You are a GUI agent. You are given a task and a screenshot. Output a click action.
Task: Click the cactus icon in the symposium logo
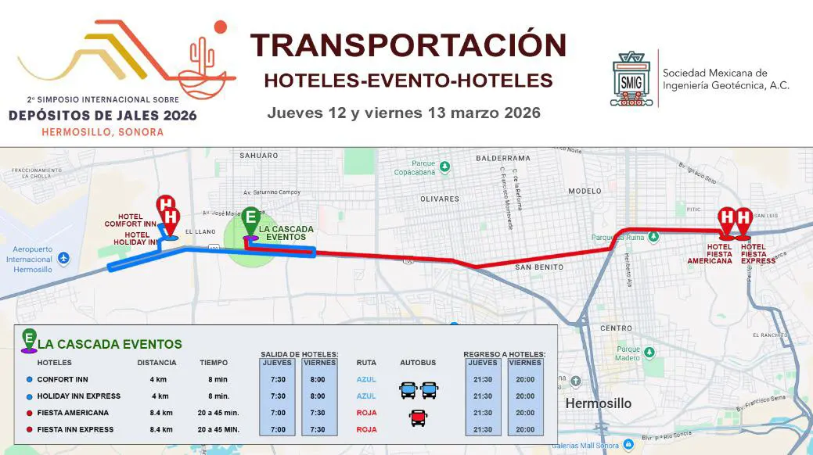(202, 57)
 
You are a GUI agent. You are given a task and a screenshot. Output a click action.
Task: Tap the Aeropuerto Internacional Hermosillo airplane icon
(63, 258)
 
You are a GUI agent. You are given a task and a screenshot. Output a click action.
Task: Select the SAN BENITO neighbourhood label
(539, 267)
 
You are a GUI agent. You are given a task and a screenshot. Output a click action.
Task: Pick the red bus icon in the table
(418, 418)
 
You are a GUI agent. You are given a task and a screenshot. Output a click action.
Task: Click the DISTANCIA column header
(157, 363)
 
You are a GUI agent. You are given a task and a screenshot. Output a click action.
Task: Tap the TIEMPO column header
(214, 363)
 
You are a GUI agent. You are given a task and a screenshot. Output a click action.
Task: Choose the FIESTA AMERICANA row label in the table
(73, 413)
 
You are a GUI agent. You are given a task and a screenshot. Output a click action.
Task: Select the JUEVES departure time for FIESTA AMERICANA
(276, 413)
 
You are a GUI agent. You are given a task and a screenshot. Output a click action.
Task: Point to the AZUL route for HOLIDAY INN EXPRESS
(366, 396)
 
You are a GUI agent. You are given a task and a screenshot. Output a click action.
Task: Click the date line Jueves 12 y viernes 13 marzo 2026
(404, 113)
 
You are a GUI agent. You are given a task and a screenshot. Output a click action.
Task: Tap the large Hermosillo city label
(598, 404)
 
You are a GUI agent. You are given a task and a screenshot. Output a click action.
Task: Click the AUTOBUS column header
(418, 363)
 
